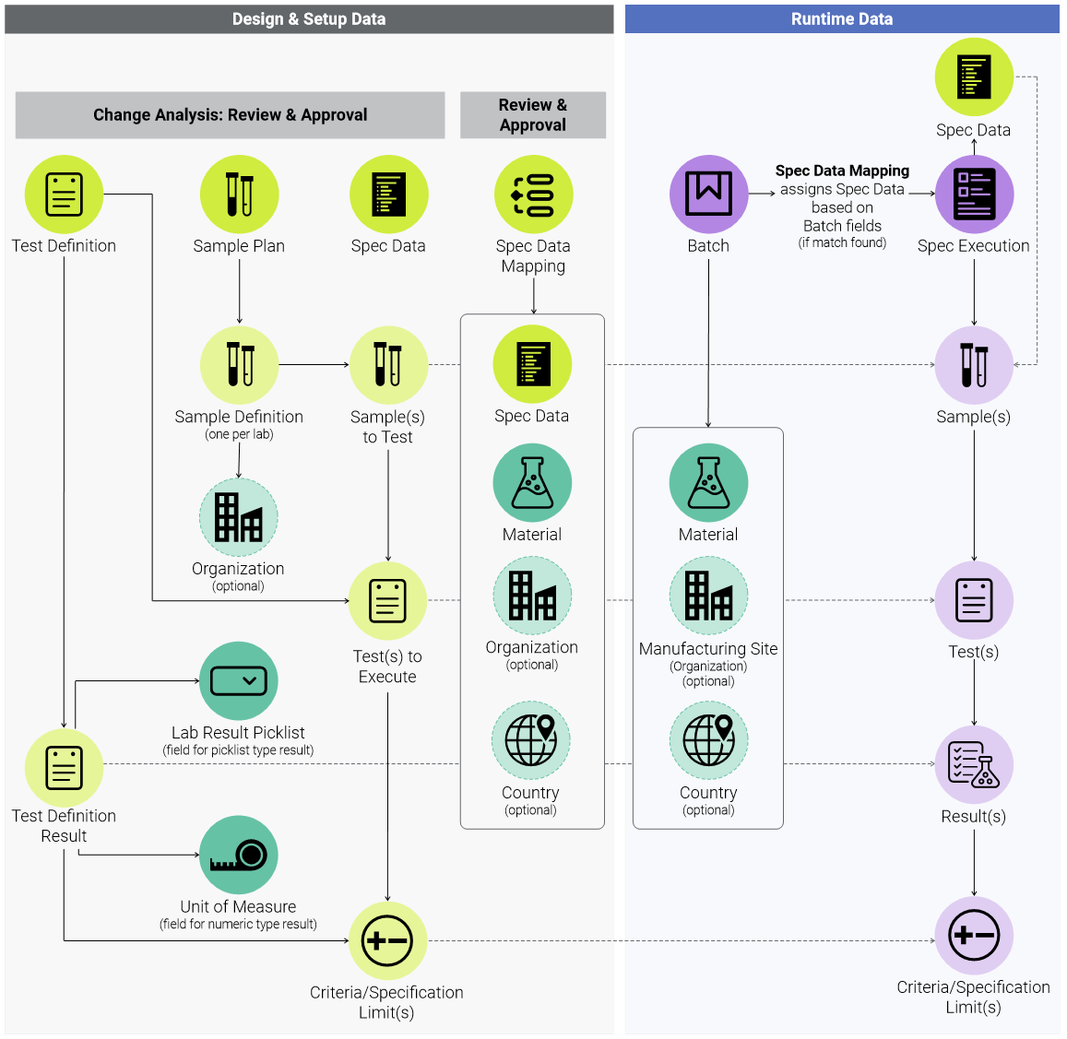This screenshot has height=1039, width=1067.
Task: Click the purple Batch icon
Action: [708, 195]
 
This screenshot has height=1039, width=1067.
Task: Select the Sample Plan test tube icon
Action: [239, 195]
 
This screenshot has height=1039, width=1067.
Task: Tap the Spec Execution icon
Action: [974, 195]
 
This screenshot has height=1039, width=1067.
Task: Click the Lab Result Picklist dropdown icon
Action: [238, 681]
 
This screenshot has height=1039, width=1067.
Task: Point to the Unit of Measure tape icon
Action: [238, 855]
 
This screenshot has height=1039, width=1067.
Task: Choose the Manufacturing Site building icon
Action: [708, 596]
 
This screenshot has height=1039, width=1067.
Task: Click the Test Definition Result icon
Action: [64, 768]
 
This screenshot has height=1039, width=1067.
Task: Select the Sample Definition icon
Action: [239, 365]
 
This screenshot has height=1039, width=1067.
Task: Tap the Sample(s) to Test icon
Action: [388, 365]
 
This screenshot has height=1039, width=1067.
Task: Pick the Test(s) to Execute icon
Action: [387, 601]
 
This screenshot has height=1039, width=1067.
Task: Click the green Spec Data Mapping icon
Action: [533, 195]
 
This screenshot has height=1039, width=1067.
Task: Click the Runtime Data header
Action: [841, 19]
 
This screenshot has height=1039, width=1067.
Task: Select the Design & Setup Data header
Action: [309, 19]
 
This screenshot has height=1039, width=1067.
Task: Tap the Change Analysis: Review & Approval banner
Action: [230, 115]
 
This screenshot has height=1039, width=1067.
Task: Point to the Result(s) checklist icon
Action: [974, 765]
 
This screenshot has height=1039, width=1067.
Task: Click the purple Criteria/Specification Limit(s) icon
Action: [974, 936]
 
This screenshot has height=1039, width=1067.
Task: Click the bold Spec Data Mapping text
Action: [842, 171]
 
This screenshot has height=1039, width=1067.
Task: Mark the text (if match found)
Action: [842, 243]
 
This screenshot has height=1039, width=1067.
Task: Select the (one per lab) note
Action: [239, 434]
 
